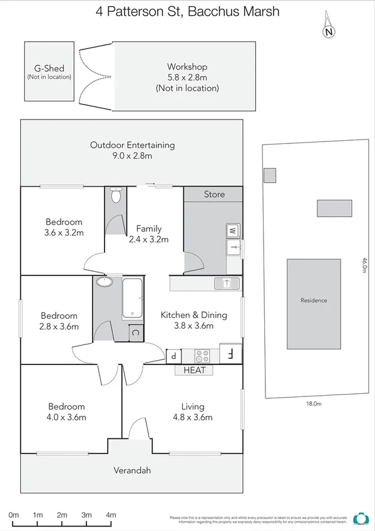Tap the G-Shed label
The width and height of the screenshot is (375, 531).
[49, 68]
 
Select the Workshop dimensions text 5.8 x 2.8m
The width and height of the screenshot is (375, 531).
[187, 78]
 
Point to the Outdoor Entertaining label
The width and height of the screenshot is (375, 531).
[132, 145]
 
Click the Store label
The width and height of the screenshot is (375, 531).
[214, 194]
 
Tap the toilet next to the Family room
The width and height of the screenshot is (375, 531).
[115, 196]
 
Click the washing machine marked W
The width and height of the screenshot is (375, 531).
[232, 230]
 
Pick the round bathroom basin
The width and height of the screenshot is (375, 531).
[104, 282]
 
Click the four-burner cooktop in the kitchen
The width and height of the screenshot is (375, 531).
[202, 356]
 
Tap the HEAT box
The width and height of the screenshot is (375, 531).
[194, 370]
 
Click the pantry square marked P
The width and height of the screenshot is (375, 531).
[173, 356]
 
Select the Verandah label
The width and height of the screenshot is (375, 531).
[132, 470]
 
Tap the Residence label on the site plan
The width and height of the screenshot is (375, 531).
[314, 301]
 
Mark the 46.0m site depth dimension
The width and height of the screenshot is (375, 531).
[364, 265]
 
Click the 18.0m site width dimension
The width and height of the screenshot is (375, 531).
[314, 405]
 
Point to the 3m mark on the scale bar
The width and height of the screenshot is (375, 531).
[86, 515]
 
